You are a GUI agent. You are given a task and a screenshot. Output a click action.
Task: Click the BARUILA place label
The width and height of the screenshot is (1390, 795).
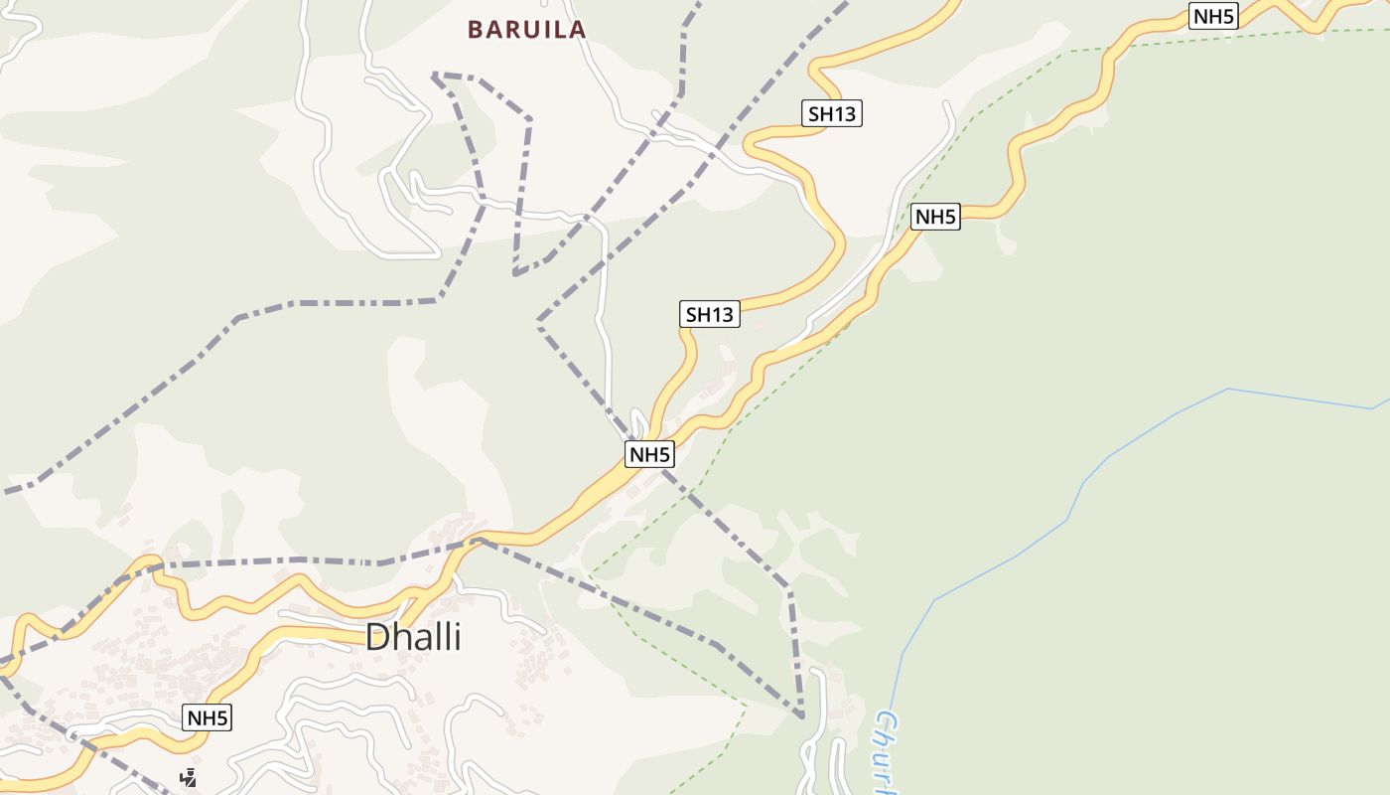(527, 30)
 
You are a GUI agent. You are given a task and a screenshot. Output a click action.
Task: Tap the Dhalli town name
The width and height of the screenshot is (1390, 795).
(413, 637)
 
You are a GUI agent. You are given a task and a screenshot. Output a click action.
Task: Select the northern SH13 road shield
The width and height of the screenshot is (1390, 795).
(832, 114)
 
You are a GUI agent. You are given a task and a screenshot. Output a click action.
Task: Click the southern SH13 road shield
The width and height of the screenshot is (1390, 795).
(710, 315)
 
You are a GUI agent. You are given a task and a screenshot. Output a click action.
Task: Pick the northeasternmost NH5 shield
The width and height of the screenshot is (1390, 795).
(1213, 16)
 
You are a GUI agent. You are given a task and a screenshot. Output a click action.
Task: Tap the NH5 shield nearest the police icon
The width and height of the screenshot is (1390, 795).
(208, 717)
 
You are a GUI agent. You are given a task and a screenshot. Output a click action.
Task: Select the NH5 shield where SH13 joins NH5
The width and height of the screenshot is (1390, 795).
(650, 455)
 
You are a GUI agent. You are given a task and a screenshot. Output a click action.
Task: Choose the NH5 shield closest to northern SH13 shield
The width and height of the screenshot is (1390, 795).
(936, 217)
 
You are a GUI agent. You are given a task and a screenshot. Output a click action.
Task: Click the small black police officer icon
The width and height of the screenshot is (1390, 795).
(188, 777)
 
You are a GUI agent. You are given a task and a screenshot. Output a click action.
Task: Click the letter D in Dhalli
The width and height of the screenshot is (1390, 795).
(378, 637)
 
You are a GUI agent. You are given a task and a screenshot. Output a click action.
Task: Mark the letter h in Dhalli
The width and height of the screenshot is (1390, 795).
(403, 637)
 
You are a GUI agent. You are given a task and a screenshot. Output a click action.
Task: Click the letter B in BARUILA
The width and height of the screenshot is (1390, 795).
(476, 30)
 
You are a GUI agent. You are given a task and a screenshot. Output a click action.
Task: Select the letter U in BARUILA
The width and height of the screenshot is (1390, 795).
(527, 30)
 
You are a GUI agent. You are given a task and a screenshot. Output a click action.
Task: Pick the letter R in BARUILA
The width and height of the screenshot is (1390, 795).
(509, 30)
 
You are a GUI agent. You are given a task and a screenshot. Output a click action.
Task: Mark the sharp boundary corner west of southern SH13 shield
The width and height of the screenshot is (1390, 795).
(539, 323)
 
